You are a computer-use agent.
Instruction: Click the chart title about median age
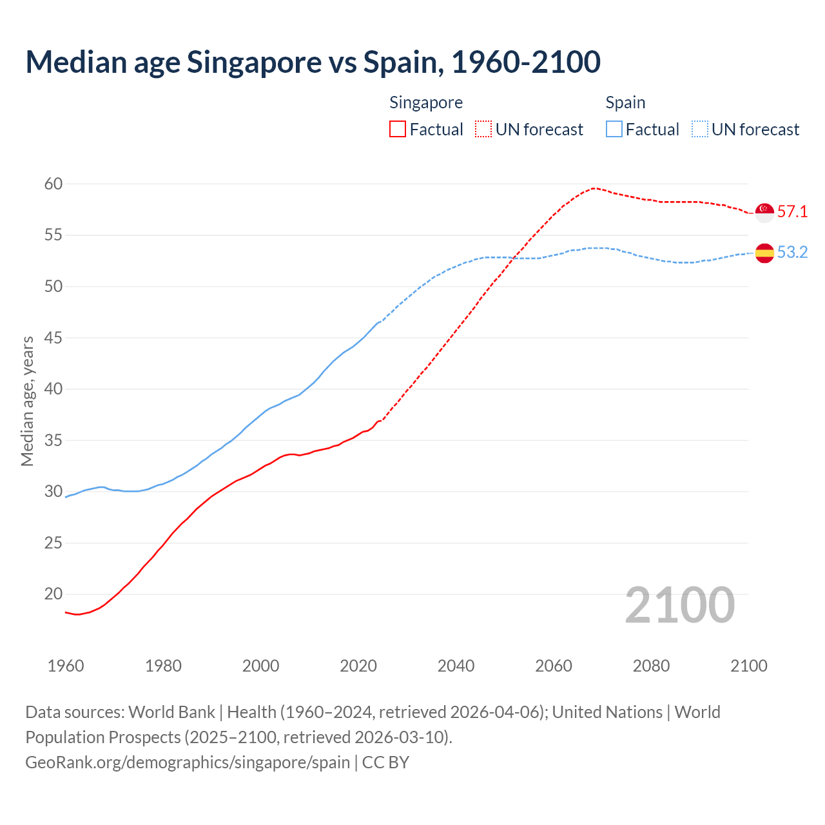[x=313, y=62]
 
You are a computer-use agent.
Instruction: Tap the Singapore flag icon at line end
[x=764, y=212]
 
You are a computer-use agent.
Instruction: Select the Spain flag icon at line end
[x=764, y=253]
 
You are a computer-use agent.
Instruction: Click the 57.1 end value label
[x=792, y=212]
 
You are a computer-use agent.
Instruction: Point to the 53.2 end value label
[x=792, y=252]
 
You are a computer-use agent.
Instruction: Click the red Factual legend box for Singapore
[x=398, y=130]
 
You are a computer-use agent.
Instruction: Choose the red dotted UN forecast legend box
[x=483, y=130]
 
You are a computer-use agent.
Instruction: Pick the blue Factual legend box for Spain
[x=614, y=130]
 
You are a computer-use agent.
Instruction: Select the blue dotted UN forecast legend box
[x=700, y=130]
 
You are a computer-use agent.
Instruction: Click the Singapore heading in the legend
[x=426, y=102]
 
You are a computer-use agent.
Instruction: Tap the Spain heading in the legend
[x=625, y=102]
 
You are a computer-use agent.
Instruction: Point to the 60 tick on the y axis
[x=53, y=184]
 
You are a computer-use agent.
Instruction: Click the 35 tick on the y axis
[x=53, y=441]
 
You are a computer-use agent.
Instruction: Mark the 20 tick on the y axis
[x=53, y=594]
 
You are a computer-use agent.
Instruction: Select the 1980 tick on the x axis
[x=163, y=666]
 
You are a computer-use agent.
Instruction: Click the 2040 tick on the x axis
[x=456, y=666]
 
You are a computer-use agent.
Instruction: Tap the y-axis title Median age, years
[x=27, y=401]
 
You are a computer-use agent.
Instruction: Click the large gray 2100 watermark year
[x=679, y=605]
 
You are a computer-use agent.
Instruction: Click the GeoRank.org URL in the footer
[x=188, y=762]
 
